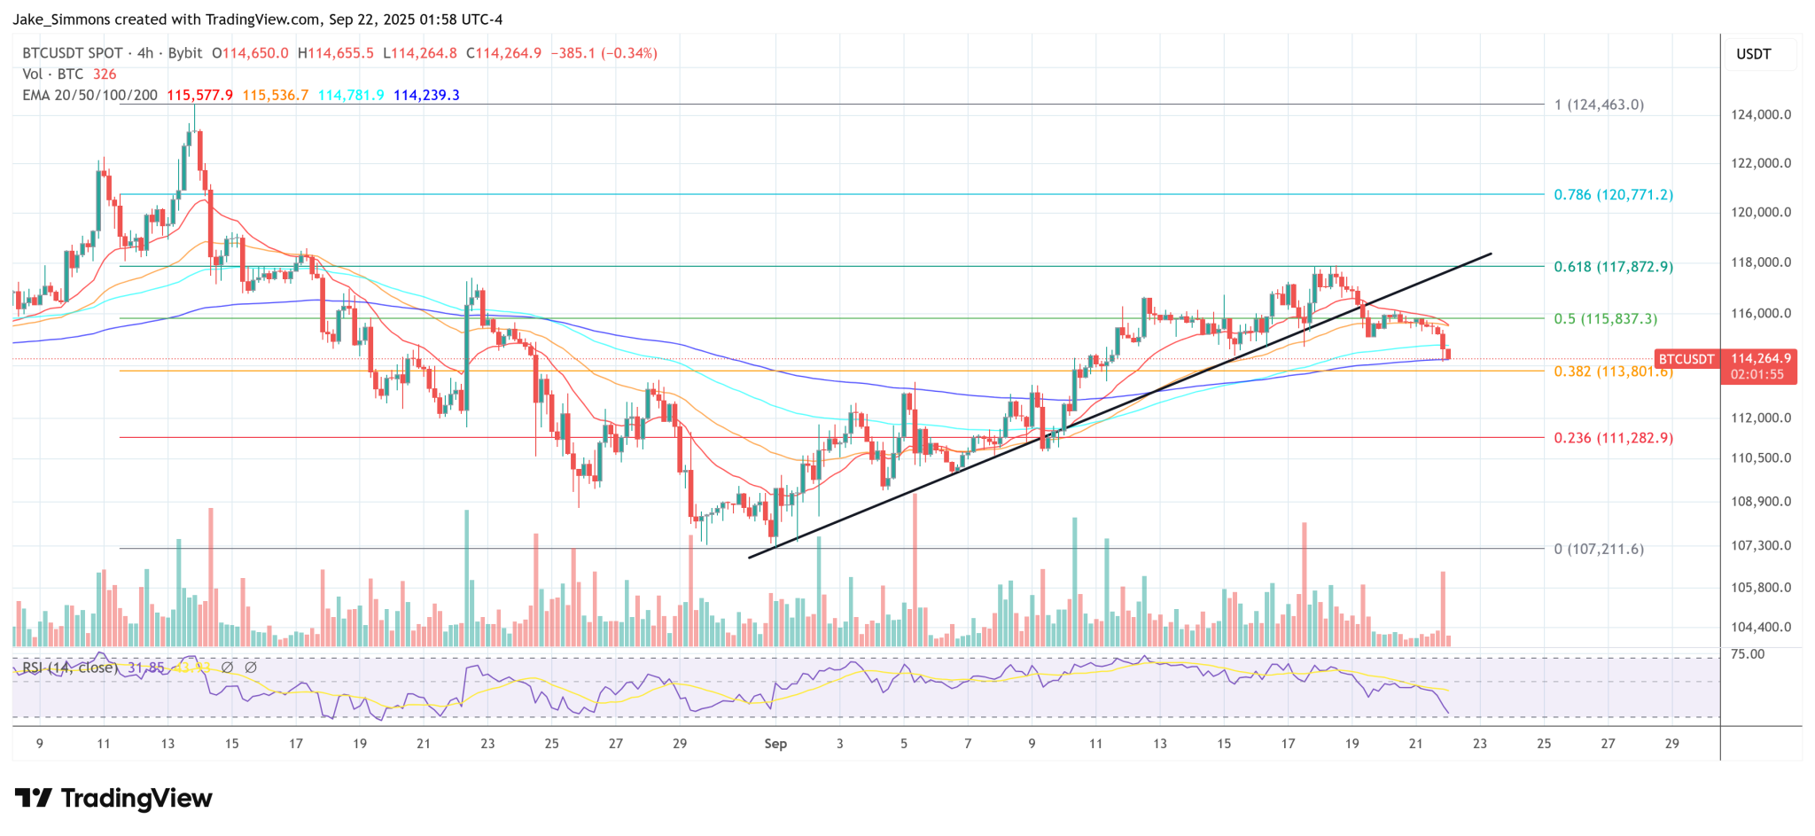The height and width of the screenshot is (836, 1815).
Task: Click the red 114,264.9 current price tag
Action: [x=1760, y=359]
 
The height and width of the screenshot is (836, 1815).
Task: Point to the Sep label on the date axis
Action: [x=775, y=744]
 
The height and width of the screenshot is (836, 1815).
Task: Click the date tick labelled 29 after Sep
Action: [x=1671, y=744]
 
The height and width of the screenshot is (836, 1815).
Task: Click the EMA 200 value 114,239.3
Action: [x=426, y=95]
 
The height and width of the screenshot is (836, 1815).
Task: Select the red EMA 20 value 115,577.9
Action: [x=199, y=95]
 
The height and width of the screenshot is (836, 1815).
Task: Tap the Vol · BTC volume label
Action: [x=53, y=74]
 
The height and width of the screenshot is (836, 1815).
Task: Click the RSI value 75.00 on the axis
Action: [x=1748, y=654]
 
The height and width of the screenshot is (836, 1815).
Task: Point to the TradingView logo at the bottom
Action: [x=113, y=799]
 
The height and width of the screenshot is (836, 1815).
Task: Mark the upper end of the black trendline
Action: [x=1491, y=254]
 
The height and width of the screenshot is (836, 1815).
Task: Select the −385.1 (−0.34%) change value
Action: [x=604, y=53]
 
